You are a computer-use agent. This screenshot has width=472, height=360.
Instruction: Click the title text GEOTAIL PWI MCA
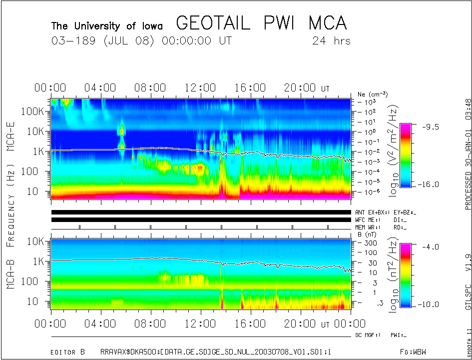point(261,23)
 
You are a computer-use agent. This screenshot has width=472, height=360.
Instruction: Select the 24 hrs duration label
point(331,41)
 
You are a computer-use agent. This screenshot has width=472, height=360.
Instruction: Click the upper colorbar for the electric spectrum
point(406,155)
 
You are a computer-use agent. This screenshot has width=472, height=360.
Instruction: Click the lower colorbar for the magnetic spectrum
point(406,275)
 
